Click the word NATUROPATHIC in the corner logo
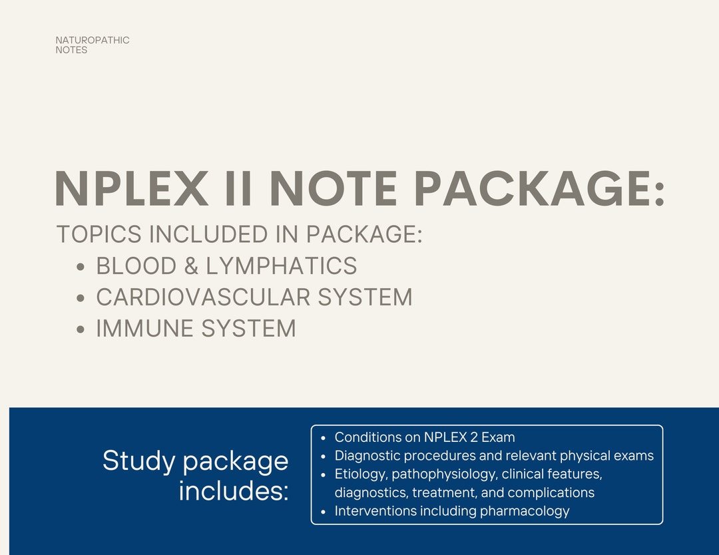click(x=93, y=41)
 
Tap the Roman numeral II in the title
click(x=238, y=189)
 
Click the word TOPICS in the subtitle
click(x=99, y=234)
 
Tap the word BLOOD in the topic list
click(x=134, y=266)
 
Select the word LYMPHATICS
click(x=282, y=266)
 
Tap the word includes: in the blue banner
click(x=234, y=492)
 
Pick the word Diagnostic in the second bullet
click(x=367, y=456)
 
